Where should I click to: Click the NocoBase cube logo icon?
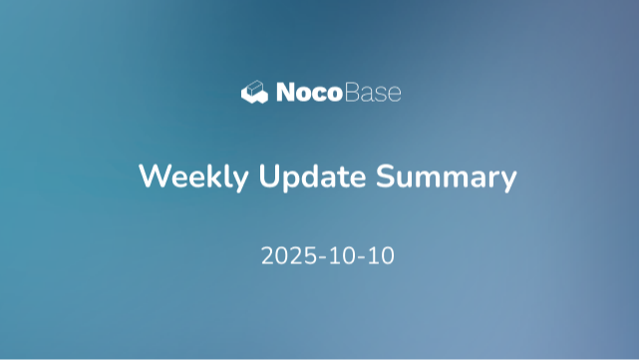coord(255,93)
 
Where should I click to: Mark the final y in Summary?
coord(507,181)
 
